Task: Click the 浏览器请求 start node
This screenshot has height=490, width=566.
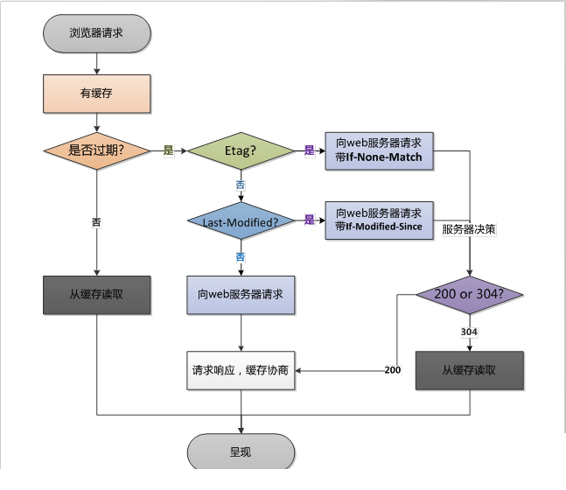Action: [97, 33]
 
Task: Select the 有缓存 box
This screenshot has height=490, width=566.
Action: [97, 94]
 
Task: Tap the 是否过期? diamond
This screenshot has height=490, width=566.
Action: [97, 150]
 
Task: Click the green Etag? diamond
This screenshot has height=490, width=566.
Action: [241, 150]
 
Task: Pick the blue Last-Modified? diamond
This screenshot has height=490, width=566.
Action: [241, 220]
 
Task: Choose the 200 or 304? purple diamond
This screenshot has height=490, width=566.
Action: [470, 295]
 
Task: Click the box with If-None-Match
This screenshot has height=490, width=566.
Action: [379, 150]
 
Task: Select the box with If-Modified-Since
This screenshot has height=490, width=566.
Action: [379, 220]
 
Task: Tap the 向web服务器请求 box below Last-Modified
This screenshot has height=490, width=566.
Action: [241, 295]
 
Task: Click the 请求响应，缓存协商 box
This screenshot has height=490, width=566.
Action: [241, 370]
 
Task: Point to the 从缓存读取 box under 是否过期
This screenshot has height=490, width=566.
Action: [97, 295]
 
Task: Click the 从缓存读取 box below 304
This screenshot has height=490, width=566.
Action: [470, 370]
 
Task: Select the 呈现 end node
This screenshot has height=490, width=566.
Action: [241, 451]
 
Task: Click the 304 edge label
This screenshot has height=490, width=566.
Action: [469, 332]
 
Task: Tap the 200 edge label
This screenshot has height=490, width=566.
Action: [393, 370]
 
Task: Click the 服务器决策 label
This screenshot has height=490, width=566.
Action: [469, 229]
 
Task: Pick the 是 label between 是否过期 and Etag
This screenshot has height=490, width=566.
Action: [169, 150]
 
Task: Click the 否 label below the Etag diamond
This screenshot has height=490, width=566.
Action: [241, 185]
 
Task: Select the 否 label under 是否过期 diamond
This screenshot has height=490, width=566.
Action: [96, 222]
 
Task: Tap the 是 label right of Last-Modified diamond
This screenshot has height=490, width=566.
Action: [310, 220]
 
